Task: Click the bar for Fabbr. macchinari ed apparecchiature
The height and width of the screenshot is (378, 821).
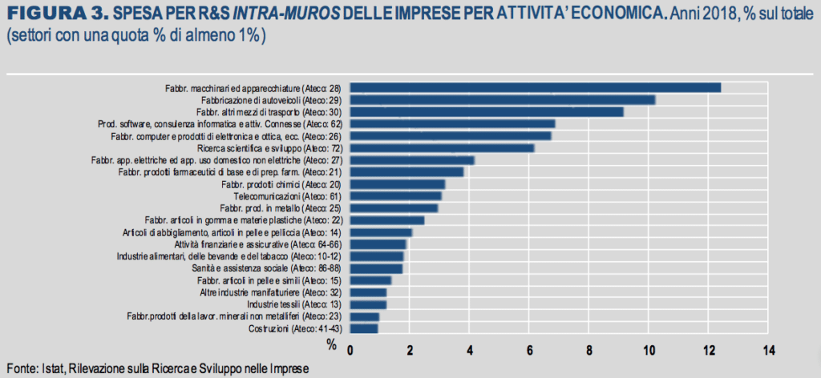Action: pyautogui.click(x=536, y=87)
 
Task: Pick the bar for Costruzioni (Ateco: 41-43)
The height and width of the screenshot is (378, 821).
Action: pyautogui.click(x=364, y=328)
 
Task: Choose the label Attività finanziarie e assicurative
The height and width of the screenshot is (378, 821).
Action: pyautogui.click(x=260, y=244)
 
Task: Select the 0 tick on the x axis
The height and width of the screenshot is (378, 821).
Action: pyautogui.click(x=350, y=350)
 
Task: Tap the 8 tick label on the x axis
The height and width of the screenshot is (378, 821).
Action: pyautogui.click(x=589, y=350)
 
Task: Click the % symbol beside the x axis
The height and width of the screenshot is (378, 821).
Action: pyautogui.click(x=330, y=344)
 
